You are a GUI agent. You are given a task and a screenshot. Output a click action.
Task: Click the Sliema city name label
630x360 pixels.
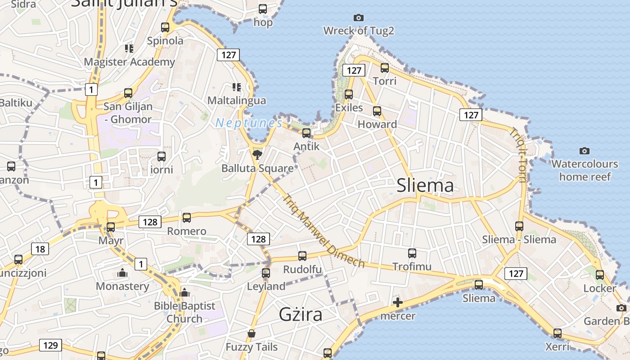[x=425, y=185]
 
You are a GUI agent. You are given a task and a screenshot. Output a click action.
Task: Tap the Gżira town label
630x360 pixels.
[x=301, y=314]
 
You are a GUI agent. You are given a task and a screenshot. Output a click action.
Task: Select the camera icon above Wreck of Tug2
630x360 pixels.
[x=359, y=18]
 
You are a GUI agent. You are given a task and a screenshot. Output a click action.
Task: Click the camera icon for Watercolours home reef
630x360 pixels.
[x=585, y=151]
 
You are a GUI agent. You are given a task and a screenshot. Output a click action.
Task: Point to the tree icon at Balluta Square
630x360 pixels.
[x=257, y=155]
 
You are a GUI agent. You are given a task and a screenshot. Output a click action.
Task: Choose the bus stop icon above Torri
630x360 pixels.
[x=385, y=68]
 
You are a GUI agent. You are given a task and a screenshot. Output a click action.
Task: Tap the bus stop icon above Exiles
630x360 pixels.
[x=349, y=94]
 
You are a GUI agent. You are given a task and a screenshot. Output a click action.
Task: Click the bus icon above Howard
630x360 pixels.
[x=377, y=111]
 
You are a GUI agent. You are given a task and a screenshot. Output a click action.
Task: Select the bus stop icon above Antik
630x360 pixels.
[x=306, y=133]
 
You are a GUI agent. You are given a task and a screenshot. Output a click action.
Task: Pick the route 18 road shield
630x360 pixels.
[x=40, y=248]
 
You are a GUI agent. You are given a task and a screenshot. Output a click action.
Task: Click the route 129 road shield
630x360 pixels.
[x=50, y=345]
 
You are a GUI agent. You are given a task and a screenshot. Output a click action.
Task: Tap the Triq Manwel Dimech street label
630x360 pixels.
[x=324, y=231]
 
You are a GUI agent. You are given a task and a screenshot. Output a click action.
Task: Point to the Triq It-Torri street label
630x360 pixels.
[x=517, y=155]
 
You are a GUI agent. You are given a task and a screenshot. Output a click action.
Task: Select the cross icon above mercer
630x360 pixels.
[x=398, y=302]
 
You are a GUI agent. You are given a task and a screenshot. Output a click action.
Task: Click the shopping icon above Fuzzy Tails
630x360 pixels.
[x=252, y=333]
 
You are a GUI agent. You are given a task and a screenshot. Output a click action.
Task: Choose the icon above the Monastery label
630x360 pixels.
[x=122, y=273]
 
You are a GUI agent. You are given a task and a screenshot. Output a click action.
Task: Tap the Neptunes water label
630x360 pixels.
[x=249, y=122]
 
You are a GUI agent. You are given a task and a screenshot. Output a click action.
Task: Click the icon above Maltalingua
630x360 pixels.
[x=237, y=87]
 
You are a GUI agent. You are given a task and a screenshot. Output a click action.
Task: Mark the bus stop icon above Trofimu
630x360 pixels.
[x=412, y=253]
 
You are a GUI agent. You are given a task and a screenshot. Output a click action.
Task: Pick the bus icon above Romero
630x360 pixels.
[x=187, y=218]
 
